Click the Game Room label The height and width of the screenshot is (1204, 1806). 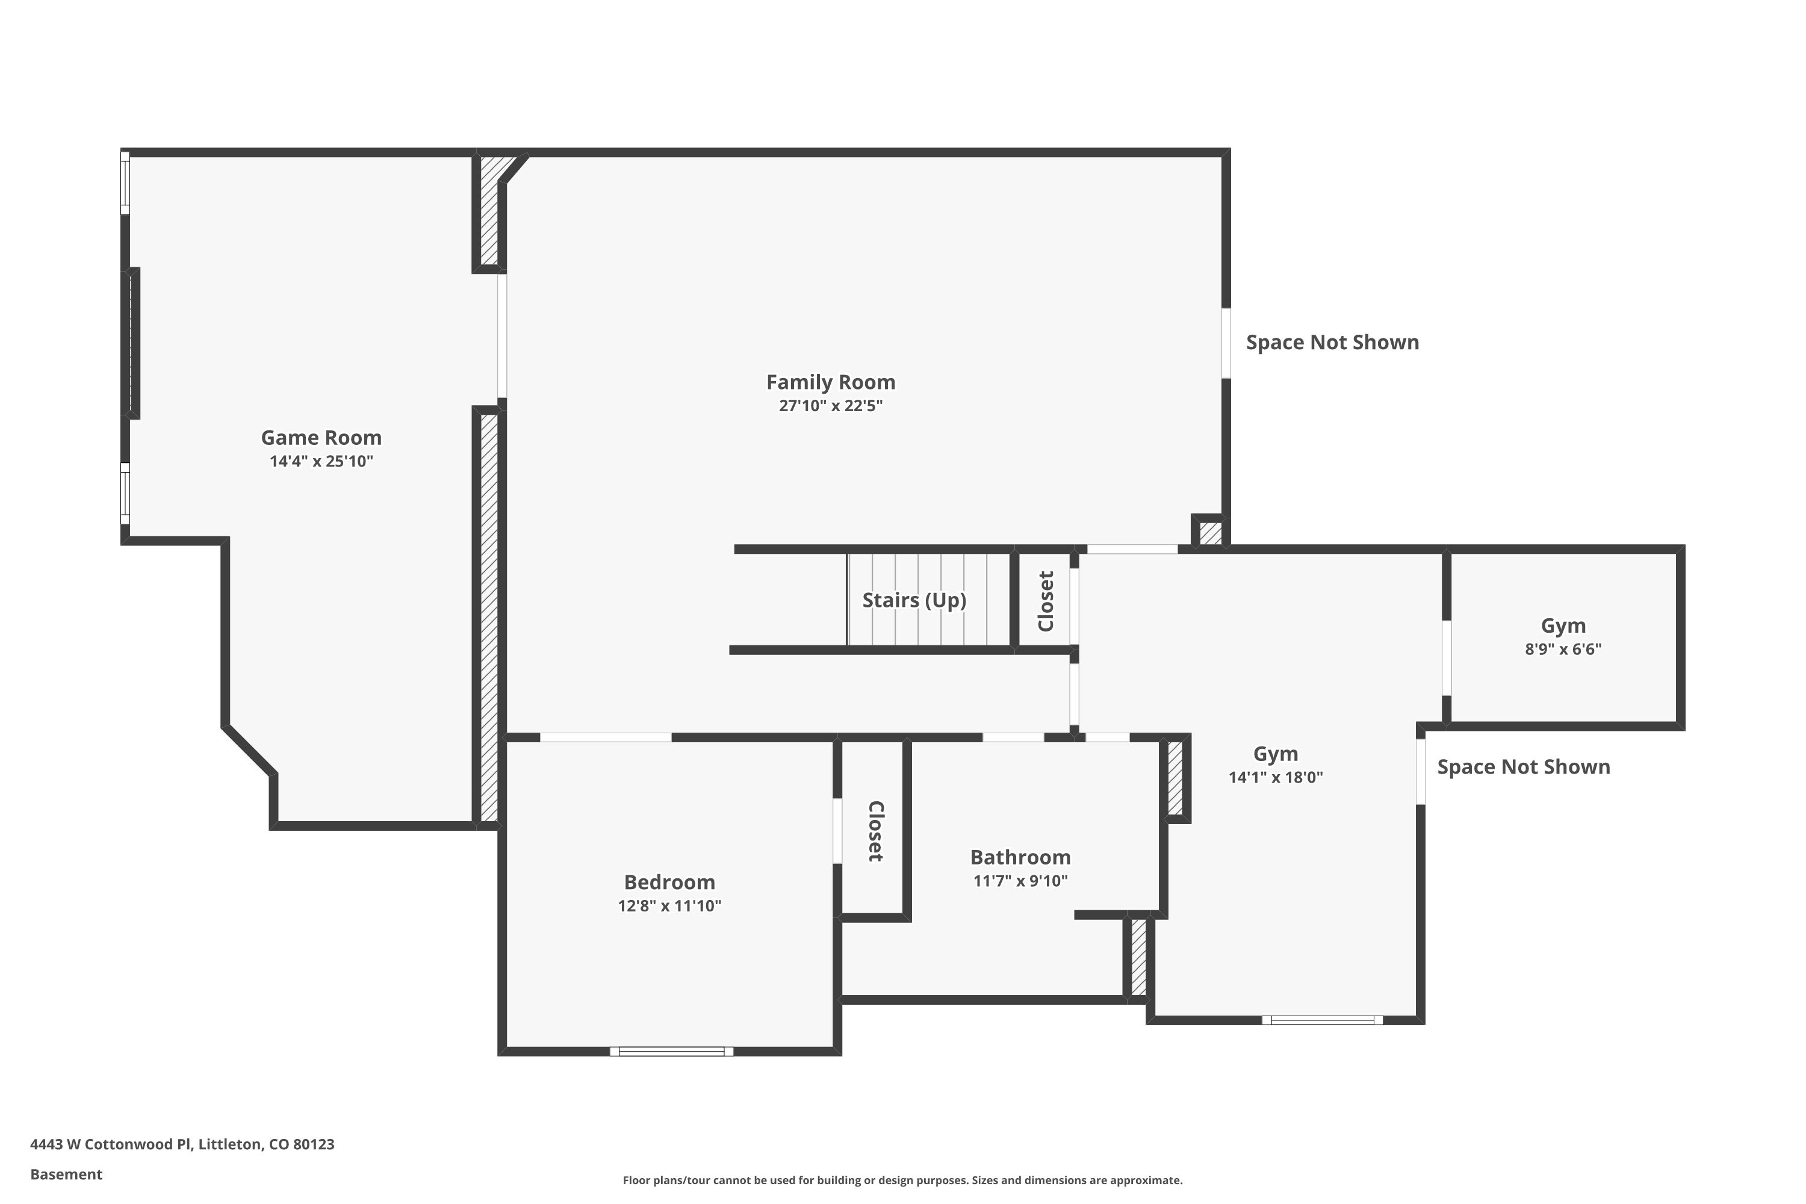(x=321, y=438)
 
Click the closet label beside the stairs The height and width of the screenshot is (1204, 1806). (x=1045, y=601)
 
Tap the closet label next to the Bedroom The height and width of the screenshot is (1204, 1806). (x=875, y=831)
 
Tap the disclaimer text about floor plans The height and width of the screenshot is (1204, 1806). (x=902, y=1180)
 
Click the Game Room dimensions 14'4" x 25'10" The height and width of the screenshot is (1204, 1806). (x=321, y=462)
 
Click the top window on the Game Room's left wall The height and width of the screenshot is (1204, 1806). (x=125, y=183)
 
